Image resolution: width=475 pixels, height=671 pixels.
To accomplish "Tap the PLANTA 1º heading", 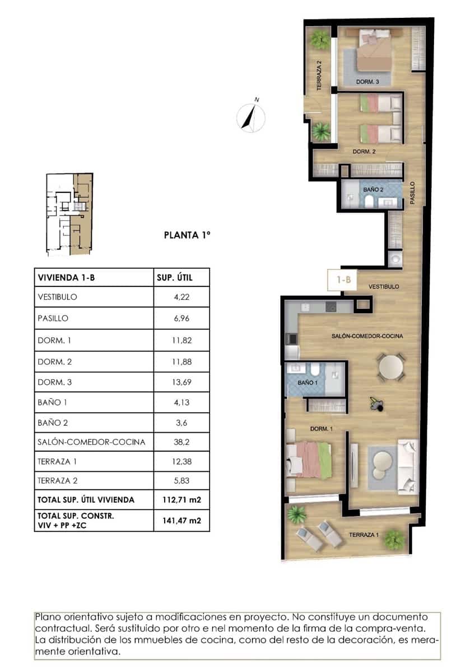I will point(187,235).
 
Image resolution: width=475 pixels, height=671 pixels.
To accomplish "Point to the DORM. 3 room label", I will point(368,82).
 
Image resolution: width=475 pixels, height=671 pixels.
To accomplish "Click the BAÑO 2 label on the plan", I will point(373,190).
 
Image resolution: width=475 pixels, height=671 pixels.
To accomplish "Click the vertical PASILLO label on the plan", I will point(412,192).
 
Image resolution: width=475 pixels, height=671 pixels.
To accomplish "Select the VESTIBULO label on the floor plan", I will point(384,286).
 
